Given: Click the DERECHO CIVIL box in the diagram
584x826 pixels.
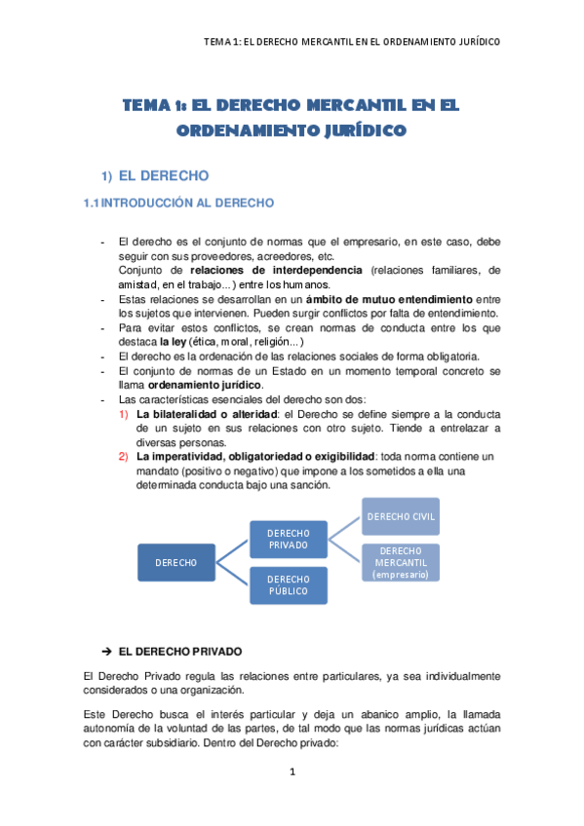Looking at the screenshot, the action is point(401,515).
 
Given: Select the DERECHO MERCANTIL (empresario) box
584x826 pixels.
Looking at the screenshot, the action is point(401,562).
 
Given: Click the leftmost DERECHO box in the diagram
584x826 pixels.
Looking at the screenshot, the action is point(175,562).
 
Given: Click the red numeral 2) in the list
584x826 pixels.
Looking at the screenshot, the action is point(124,456).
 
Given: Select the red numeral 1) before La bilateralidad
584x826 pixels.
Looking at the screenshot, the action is point(124,414).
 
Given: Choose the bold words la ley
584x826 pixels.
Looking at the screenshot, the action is point(173,342).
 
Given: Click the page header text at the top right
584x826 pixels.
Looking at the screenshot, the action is point(352,42).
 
